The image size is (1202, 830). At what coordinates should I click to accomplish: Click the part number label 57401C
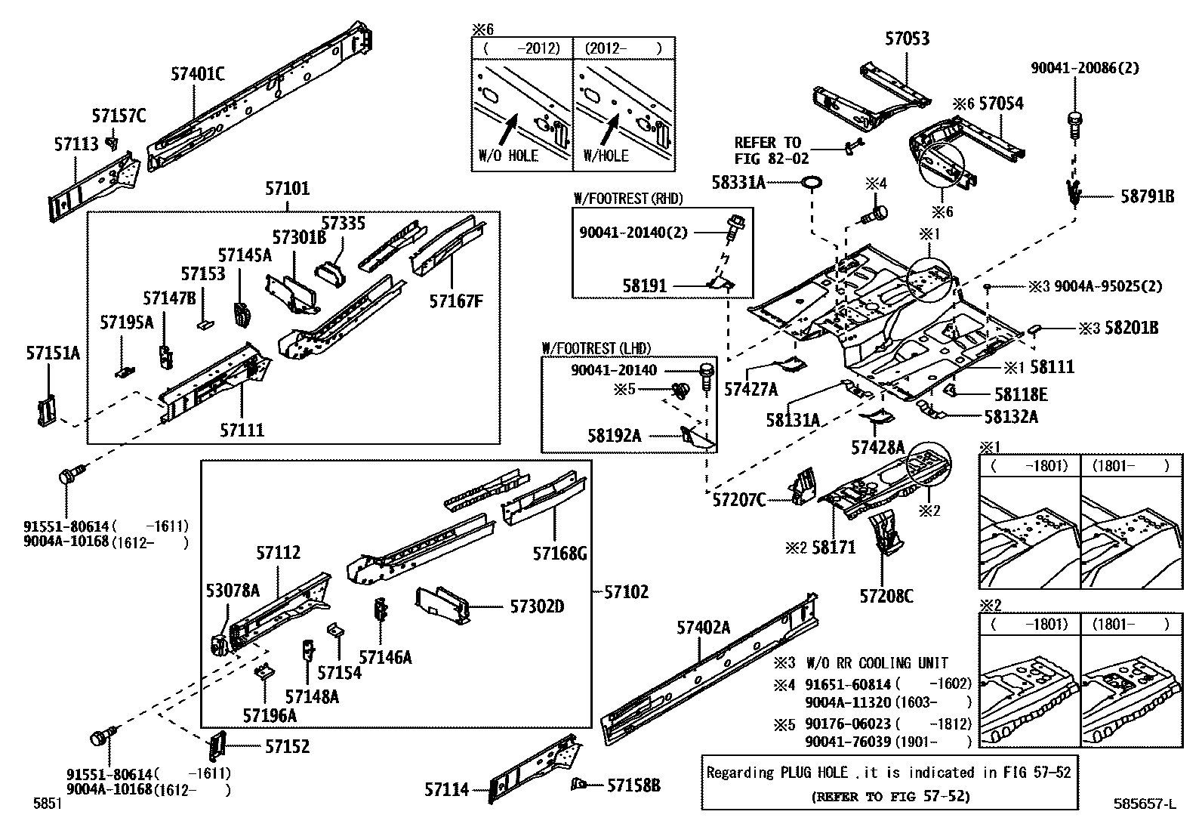[x=198, y=73]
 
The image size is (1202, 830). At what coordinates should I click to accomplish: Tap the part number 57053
[x=907, y=39]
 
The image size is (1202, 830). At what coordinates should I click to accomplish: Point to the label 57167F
[x=455, y=301]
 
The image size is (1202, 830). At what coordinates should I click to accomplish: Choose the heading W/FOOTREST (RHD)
[x=628, y=199]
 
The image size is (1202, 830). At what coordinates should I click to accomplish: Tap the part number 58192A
[x=614, y=435]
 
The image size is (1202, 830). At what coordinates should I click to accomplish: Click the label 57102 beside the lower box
[x=626, y=591]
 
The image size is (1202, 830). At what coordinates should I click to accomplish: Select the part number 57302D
[x=537, y=606]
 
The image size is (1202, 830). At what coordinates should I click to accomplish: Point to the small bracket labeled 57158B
[x=578, y=785]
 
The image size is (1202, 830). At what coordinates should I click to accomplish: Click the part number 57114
[x=446, y=789]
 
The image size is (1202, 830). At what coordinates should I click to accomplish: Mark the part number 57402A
[x=703, y=627]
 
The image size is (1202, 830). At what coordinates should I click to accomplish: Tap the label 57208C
[x=886, y=596]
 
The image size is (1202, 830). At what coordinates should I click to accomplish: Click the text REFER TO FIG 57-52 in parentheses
[x=891, y=796]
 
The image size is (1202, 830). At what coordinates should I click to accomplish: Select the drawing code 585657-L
[x=1145, y=804]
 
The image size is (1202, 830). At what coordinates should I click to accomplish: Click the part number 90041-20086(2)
[x=1084, y=68]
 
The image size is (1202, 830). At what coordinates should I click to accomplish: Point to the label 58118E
[x=1021, y=394]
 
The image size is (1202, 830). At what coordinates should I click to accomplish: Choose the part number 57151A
[x=53, y=353]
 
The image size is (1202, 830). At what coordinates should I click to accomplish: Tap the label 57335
[x=343, y=223]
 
